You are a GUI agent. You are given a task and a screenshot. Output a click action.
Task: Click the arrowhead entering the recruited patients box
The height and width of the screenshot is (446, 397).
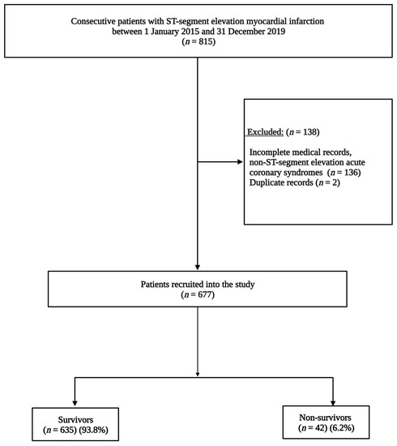198,267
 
